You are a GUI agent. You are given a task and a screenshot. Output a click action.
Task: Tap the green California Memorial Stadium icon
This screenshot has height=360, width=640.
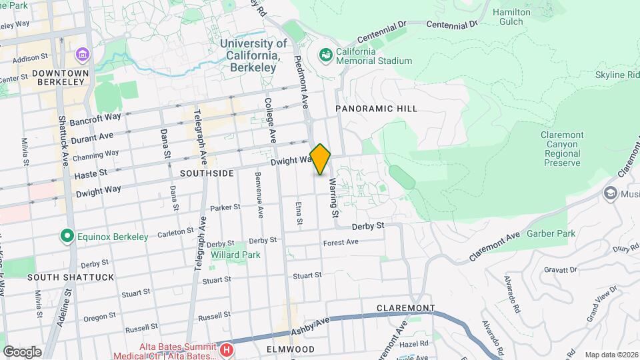tap(326, 55)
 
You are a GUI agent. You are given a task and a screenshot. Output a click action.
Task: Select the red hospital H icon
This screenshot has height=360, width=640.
tap(227, 349)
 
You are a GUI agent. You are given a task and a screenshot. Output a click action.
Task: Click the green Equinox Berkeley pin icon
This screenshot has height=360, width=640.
tap(66, 236)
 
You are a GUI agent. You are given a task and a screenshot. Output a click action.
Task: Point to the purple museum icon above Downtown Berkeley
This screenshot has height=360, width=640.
tap(82, 53)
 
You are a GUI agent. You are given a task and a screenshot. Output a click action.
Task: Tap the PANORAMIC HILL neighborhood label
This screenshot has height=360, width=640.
tap(376, 109)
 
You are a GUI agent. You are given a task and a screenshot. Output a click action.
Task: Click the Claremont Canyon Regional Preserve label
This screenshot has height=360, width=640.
tap(561, 149)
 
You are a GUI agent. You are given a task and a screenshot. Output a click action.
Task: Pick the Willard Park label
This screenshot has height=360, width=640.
tap(230, 255)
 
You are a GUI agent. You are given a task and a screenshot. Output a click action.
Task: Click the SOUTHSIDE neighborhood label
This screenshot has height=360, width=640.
tap(207, 173)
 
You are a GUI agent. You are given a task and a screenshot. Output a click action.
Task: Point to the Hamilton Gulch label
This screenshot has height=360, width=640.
tap(511, 17)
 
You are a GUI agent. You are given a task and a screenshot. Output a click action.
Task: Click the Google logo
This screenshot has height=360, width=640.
tap(22, 352)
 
